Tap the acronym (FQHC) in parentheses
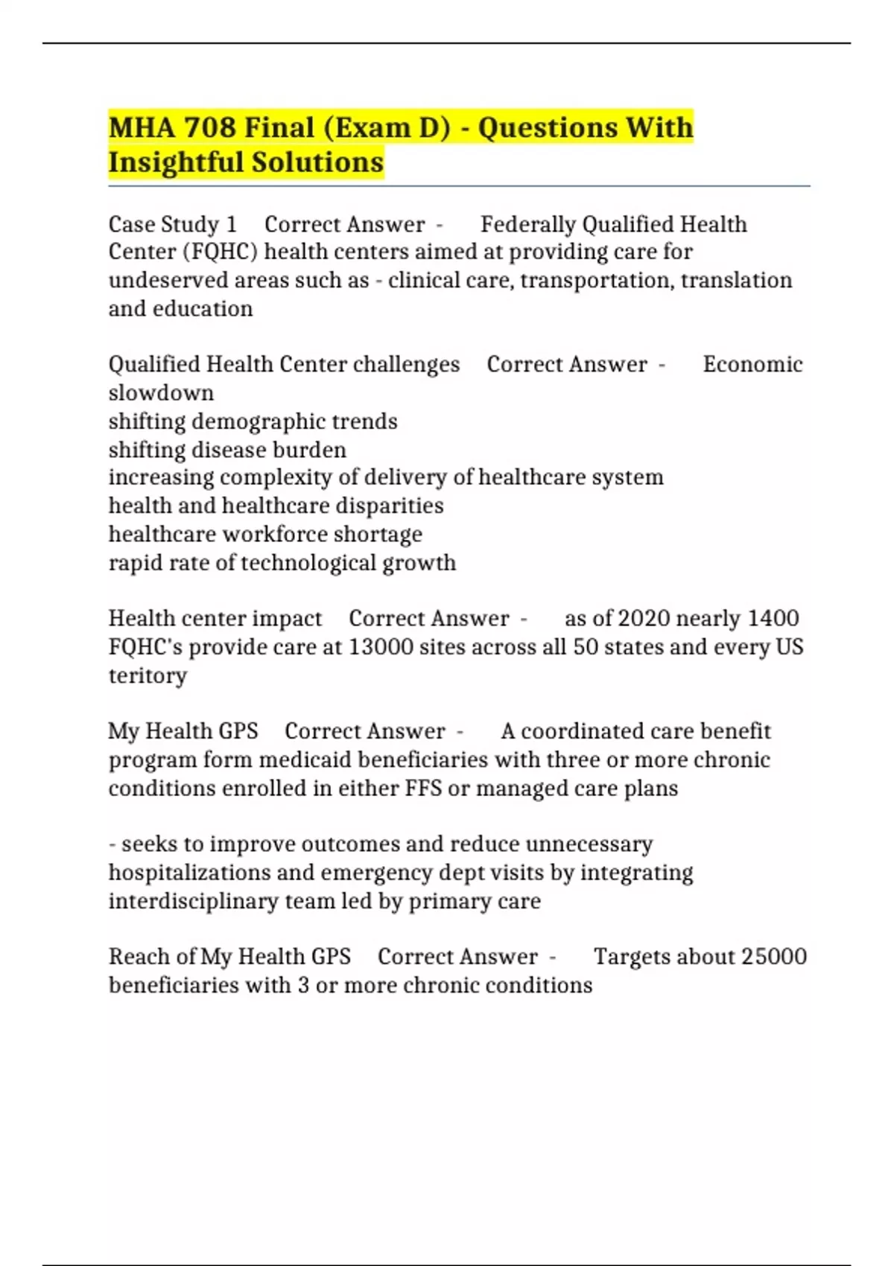point(221,252)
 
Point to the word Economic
point(752,364)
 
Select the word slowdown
point(161,392)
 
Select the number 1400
point(773,618)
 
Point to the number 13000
point(381,646)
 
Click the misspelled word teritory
point(148,675)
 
